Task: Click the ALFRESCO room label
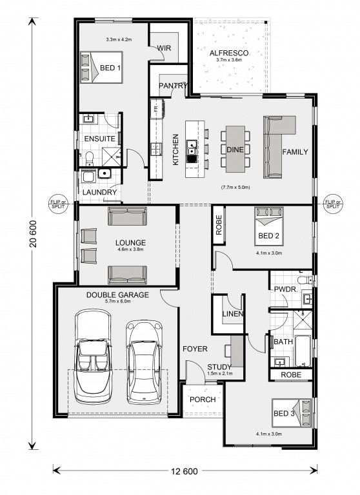[229, 53]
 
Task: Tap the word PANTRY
[173, 86]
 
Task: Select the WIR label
[164, 48]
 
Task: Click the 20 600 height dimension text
[34, 233]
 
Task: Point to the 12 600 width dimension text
[185, 471]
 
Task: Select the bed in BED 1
[101, 67]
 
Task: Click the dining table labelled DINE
[235, 149]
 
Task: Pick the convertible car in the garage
[94, 356]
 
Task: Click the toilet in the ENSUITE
[90, 158]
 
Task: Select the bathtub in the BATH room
[303, 351]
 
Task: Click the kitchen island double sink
[191, 151]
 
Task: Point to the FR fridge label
[156, 109]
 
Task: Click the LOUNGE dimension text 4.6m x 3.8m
[130, 249]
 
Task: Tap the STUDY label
[219, 367]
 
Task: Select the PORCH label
[203, 400]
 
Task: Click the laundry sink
[104, 174]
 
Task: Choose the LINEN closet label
[233, 314]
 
